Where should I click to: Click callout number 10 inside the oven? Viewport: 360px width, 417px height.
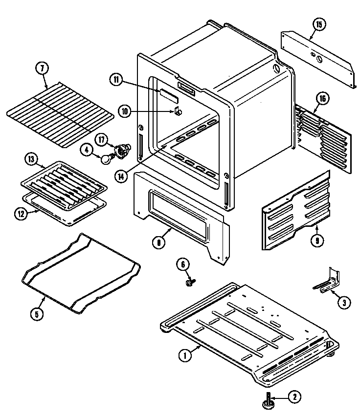[125, 111]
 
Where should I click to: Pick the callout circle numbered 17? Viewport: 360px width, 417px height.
[101, 139]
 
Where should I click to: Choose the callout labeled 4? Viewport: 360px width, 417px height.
[88, 150]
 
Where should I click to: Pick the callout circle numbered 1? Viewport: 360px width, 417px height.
[184, 356]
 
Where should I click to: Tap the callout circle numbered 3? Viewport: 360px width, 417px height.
[344, 303]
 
